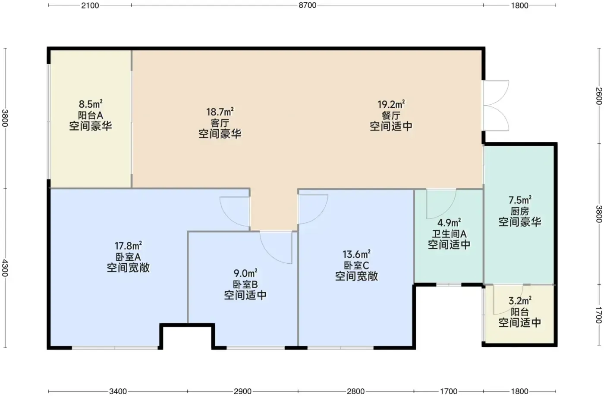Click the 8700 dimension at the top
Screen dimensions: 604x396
[307, 6]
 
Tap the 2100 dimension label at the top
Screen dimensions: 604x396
[90, 6]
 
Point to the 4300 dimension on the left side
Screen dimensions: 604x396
[5, 268]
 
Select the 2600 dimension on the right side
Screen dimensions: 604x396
[599, 96]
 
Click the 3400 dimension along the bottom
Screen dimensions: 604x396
[118, 391]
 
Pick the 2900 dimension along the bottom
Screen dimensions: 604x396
[242, 391]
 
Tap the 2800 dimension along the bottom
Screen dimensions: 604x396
[355, 391]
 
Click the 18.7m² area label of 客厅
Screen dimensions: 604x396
[220, 112]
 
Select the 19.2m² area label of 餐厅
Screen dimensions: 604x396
[391, 104]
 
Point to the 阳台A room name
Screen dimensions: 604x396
[90, 115]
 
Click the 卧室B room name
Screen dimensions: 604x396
[245, 284]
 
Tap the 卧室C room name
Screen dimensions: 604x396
[356, 265]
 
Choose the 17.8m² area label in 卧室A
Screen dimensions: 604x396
[128, 246]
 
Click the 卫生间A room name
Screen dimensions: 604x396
[449, 234]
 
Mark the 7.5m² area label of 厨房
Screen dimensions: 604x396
[520, 200]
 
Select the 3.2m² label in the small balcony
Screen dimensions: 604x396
[520, 301]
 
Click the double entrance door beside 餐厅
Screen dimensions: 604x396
[496, 105]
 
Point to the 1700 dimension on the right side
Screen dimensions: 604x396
[599, 315]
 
